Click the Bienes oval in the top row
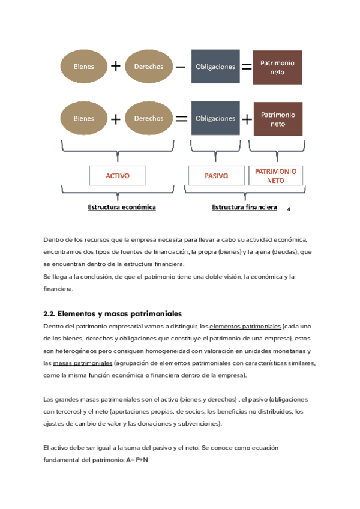(x=84, y=67)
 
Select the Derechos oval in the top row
(x=149, y=67)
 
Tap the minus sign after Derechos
(x=181, y=67)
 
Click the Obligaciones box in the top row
(x=215, y=67)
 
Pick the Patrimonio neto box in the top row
(x=277, y=67)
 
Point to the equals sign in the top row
(x=246, y=67)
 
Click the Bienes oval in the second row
(x=84, y=118)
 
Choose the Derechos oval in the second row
(x=149, y=118)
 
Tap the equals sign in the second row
(x=181, y=118)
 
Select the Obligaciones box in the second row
(x=215, y=118)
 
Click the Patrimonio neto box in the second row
(x=278, y=119)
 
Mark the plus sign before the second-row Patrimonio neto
(x=247, y=119)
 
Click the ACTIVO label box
(x=118, y=175)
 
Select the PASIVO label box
(x=216, y=175)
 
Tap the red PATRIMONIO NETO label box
(x=276, y=175)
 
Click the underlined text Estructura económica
(x=122, y=207)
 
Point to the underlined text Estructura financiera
(x=244, y=207)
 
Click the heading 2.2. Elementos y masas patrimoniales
(x=112, y=313)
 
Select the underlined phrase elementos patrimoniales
(x=245, y=326)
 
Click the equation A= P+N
(x=140, y=460)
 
